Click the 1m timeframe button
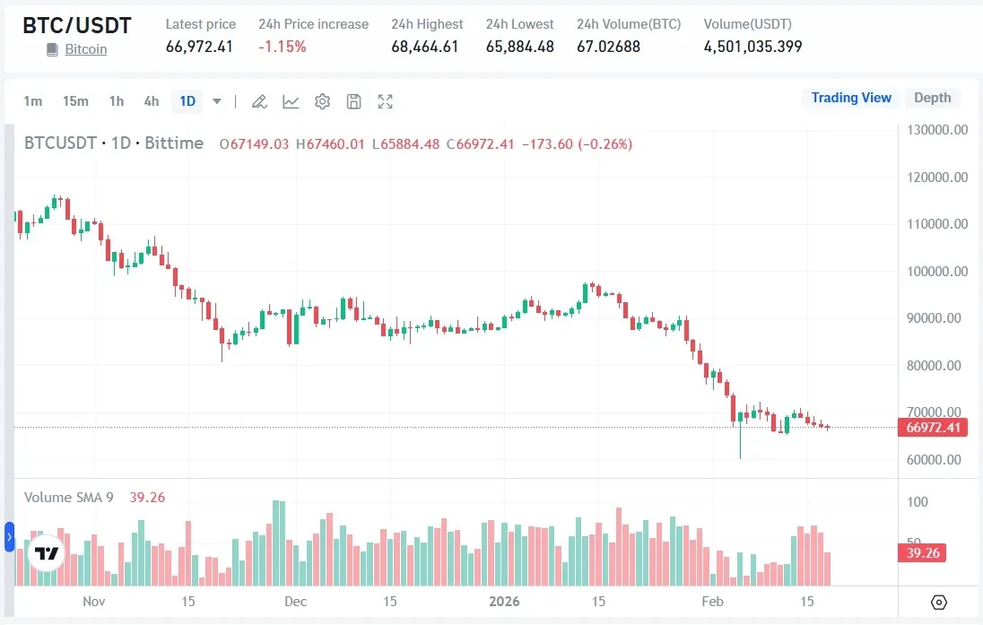pyautogui.click(x=33, y=101)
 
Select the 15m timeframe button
pyautogui.click(x=75, y=101)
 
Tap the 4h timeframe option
pyautogui.click(x=152, y=101)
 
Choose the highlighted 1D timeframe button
pyautogui.click(x=187, y=101)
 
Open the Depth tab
pyautogui.click(x=932, y=98)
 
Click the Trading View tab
pyautogui.click(x=851, y=98)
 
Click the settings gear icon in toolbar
pyautogui.click(x=323, y=101)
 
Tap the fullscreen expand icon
pyautogui.click(x=386, y=101)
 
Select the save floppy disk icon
pyautogui.click(x=354, y=101)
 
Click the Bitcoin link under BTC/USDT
pyautogui.click(x=85, y=49)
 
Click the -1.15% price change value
pyautogui.click(x=283, y=47)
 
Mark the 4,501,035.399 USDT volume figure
pyautogui.click(x=752, y=47)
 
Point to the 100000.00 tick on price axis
pyautogui.click(x=935, y=272)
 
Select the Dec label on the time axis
pyautogui.click(x=295, y=601)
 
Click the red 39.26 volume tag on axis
pyautogui.click(x=922, y=553)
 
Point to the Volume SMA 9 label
pyautogui.click(x=68, y=498)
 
